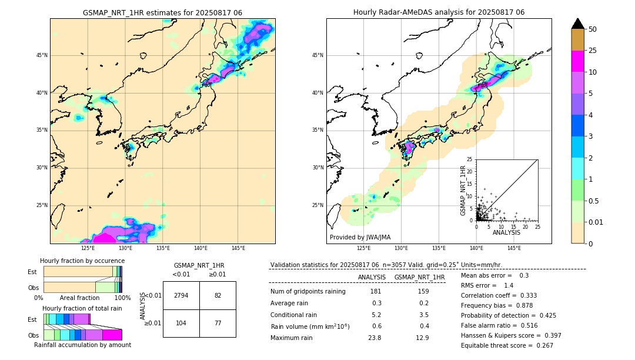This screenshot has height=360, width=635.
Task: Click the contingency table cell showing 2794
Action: point(181,295)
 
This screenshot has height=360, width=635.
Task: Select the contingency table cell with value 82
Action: point(218,295)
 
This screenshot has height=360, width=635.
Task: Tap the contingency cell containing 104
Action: point(181,324)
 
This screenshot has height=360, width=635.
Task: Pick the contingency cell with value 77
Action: point(218,324)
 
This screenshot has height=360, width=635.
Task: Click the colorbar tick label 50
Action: point(593,29)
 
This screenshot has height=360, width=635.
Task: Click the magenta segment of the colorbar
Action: point(577,61)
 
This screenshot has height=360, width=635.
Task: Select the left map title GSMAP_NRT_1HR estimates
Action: point(162,12)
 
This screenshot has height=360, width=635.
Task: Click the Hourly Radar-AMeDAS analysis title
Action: point(439,12)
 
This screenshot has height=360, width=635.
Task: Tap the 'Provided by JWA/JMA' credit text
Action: point(359,237)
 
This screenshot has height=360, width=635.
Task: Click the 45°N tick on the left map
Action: point(42,55)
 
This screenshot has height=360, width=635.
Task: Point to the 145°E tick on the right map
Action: point(514,248)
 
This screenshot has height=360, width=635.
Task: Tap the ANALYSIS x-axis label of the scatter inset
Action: point(506,233)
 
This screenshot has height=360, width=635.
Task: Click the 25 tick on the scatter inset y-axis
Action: point(470,159)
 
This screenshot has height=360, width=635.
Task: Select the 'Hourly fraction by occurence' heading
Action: point(82,261)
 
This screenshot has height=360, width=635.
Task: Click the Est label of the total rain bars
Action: point(32,319)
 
